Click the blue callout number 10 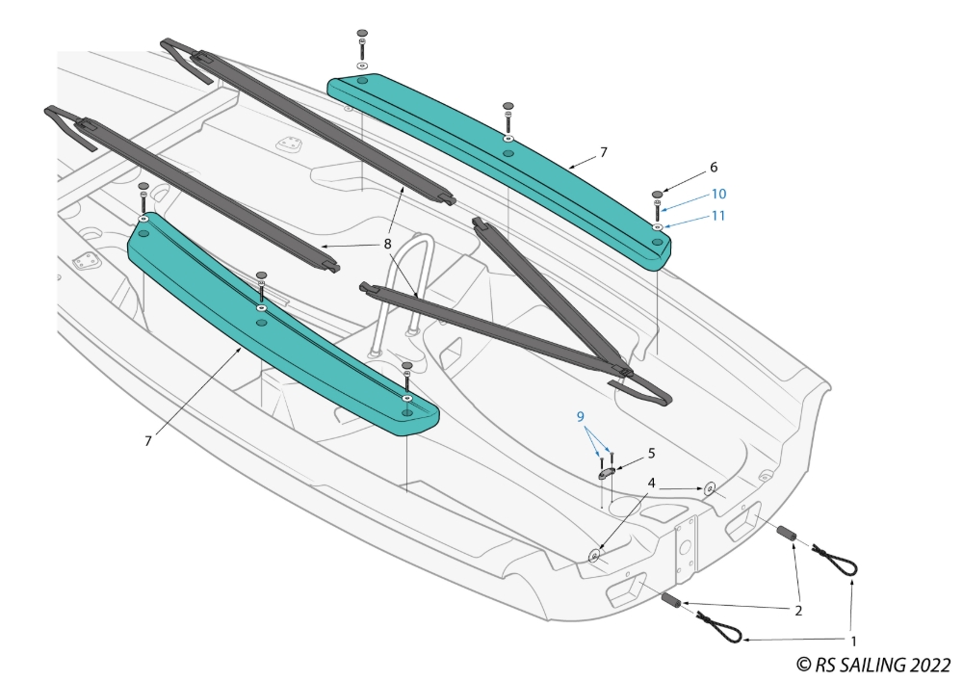[x=718, y=194]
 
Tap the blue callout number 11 [x=718, y=216]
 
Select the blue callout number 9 [x=580, y=416]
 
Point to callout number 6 [x=714, y=167]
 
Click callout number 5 [x=651, y=452]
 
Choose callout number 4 [x=652, y=482]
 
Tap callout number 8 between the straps [x=387, y=245]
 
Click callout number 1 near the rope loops [x=851, y=639]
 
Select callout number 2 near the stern [x=797, y=609]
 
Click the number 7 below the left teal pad [x=148, y=440]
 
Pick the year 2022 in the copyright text [x=927, y=665]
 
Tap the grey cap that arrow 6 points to [x=657, y=195]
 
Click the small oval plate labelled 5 [x=607, y=472]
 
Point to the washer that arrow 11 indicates [x=657, y=227]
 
